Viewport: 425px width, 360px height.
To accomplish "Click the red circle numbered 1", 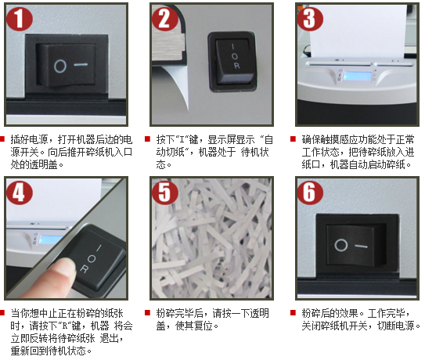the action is coord(20,19).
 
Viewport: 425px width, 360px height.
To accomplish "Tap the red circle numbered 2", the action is coord(165,19).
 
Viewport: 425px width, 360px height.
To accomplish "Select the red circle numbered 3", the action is coord(311,19).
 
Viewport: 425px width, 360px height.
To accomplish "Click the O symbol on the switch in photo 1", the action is coord(60,67).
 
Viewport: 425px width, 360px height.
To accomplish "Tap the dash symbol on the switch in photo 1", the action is coord(81,65).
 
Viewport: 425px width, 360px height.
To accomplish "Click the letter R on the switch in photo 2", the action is coord(236,66).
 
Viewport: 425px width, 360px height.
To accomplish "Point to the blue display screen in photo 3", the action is coord(358,76).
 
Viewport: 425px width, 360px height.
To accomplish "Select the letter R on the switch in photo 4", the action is coord(84,269).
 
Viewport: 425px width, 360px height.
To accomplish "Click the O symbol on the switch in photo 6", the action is coord(341,245).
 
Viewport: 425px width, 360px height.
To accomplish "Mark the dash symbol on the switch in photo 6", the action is coord(362,247).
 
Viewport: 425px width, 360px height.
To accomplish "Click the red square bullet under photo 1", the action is coord(2,139).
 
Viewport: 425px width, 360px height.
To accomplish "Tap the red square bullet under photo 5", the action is coord(147,313).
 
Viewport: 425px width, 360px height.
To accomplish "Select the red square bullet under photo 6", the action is coord(293,313).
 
